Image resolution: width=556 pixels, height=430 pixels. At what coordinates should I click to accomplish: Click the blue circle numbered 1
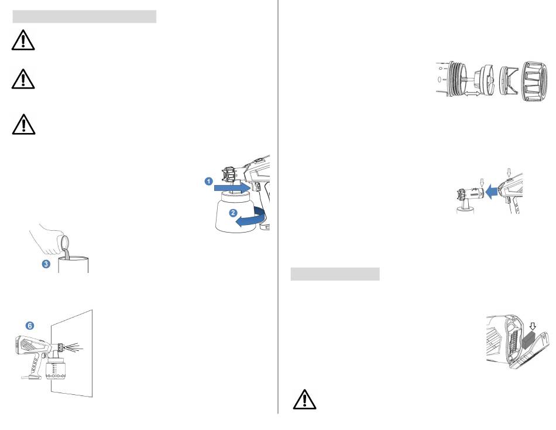pos(208,182)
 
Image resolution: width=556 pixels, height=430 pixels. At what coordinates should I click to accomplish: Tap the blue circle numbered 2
pos(232,213)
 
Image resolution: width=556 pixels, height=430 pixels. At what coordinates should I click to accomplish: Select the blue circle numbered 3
pos(46,264)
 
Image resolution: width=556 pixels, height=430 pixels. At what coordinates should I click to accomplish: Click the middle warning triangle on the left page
pos(23,79)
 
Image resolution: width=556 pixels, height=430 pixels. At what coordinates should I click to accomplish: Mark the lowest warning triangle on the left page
pos(23,124)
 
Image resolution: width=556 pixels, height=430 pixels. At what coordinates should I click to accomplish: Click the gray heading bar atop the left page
pos(84,16)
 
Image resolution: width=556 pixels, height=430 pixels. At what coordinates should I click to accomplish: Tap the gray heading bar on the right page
pos(335,274)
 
